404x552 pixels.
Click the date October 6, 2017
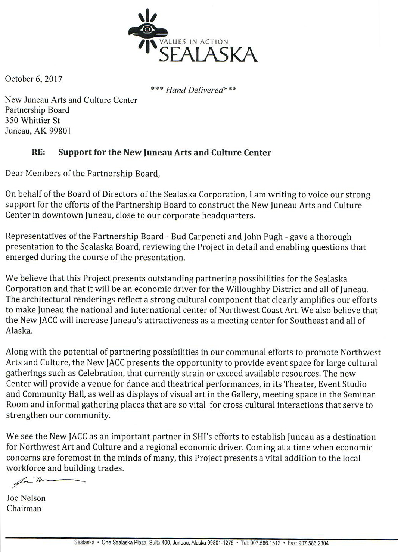coord(33,79)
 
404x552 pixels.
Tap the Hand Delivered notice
coord(193,90)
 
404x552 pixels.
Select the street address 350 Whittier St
coord(32,120)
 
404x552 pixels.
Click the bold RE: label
coord(39,152)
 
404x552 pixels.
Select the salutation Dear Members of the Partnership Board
coord(83,174)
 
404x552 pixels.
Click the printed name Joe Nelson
coord(26,498)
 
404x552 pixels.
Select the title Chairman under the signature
coord(24,508)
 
